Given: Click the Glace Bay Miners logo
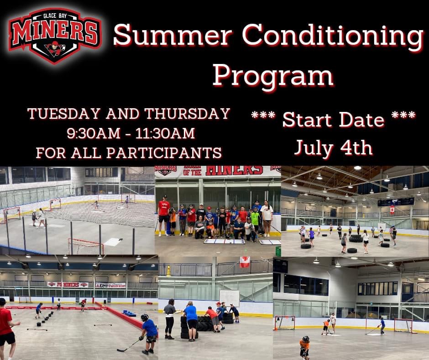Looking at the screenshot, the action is coord(55,35).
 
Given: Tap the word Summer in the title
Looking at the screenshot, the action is coord(173,35).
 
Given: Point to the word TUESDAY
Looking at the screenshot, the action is coord(64,113).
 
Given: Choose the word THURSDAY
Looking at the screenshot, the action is coord(187,113).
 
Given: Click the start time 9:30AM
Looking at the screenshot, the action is coord(94,133).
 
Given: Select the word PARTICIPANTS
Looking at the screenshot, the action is coord(164,153).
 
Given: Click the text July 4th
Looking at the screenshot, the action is coord(333,148).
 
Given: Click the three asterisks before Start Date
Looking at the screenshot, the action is coord(263,115).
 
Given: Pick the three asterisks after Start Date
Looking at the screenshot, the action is coord(403,115).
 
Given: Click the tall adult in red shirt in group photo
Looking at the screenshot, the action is coord(164,215).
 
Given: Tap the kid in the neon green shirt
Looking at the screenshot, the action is coord(255,221).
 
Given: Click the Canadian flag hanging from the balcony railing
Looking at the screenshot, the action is coord(245,262).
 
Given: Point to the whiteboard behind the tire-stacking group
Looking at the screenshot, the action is coord(229,298).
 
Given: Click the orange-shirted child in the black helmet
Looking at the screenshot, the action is coord(304,347).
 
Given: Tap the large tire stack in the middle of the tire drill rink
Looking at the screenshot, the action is coord(356,238).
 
